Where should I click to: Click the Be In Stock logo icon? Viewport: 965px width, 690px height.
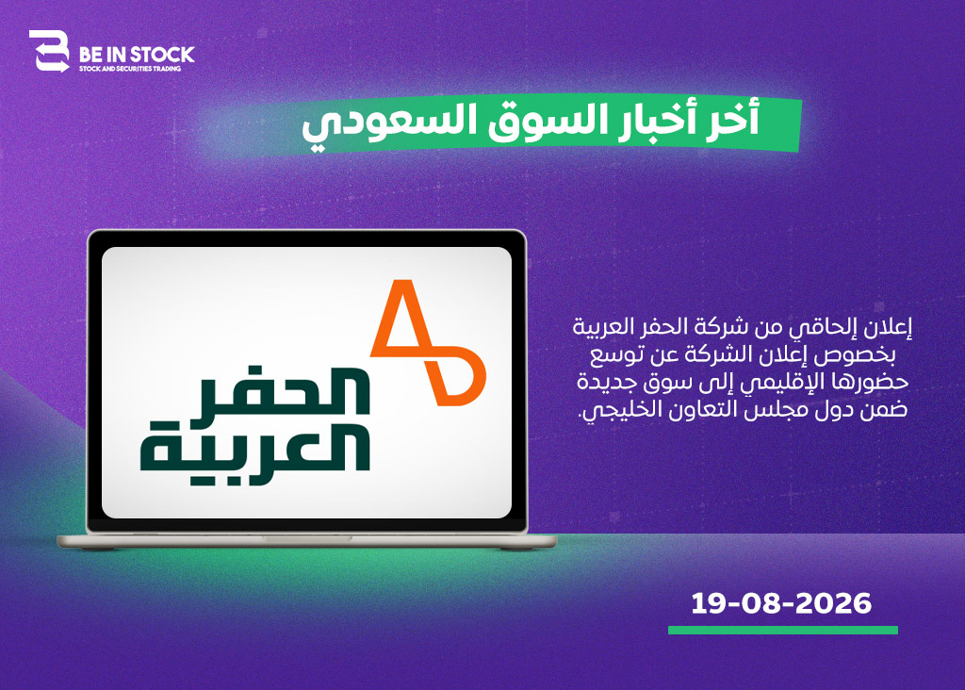click(49, 51)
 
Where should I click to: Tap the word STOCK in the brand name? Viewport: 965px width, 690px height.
click(161, 55)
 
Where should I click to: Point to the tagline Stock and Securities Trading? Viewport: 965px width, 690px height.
click(130, 68)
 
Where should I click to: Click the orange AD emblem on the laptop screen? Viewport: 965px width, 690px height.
click(428, 342)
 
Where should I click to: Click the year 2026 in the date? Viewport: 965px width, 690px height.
click(834, 603)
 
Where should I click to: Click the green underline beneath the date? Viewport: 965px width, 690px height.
click(783, 631)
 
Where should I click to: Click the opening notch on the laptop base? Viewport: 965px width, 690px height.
click(307, 538)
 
